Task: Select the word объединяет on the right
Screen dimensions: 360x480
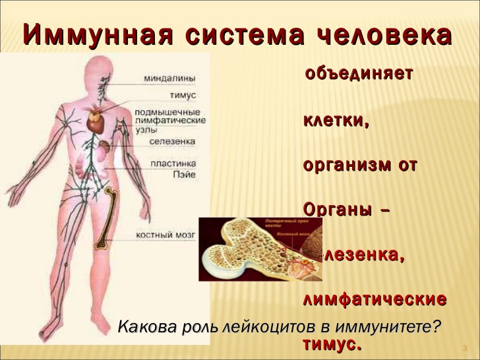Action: pos(359,73)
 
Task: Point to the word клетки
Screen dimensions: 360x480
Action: pos(335,121)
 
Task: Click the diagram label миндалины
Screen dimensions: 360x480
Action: pos(169,78)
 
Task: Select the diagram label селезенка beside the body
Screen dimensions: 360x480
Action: pos(172,141)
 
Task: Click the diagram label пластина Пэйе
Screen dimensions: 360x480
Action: pos(173,168)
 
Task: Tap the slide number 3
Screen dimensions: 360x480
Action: pos(465,347)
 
